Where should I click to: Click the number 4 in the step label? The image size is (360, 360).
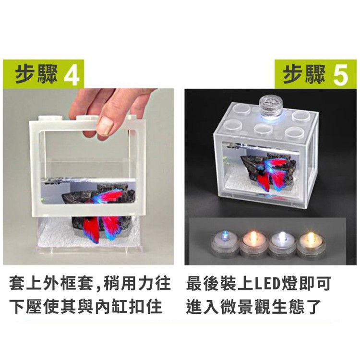tap(71, 76)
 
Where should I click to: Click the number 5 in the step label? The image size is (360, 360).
tap(339, 76)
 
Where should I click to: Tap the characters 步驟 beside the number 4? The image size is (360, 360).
tap(36, 76)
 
